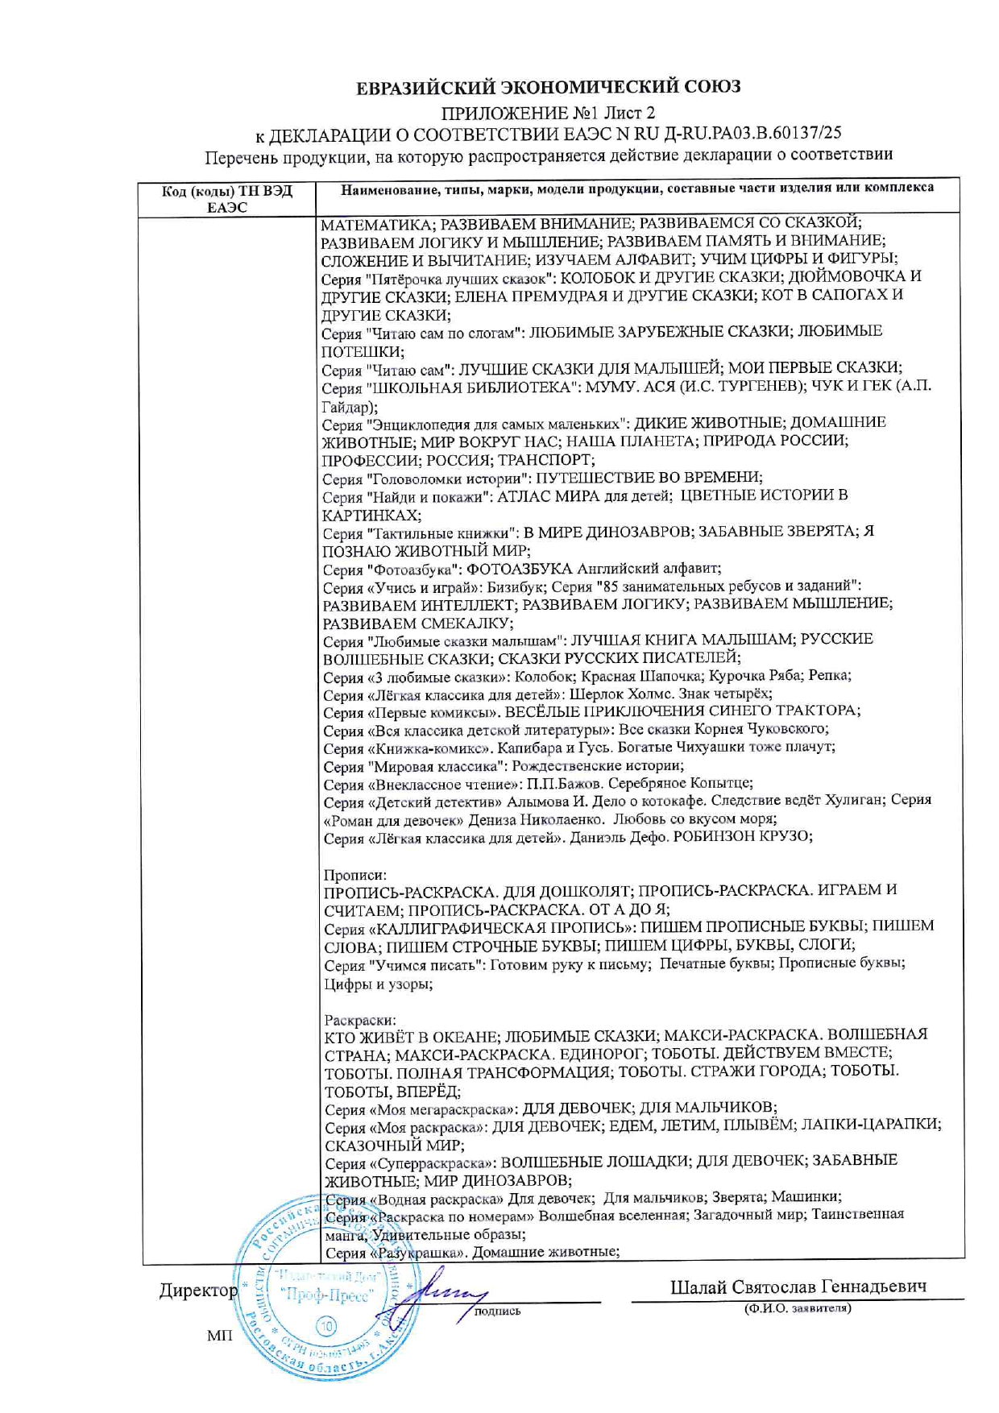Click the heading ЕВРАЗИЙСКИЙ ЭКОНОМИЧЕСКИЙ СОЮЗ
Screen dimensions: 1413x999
pyautogui.click(x=548, y=87)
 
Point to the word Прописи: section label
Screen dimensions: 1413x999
pyautogui.click(x=354, y=874)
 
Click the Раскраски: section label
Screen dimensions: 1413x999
pyautogui.click(x=360, y=1020)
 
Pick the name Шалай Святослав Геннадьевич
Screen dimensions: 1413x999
pyautogui.click(x=798, y=1287)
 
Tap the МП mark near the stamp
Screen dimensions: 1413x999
pyautogui.click(x=219, y=1336)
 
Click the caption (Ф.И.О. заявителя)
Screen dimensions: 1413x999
pyautogui.click(x=797, y=1308)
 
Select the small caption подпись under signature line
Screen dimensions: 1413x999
pyautogui.click(x=497, y=1311)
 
